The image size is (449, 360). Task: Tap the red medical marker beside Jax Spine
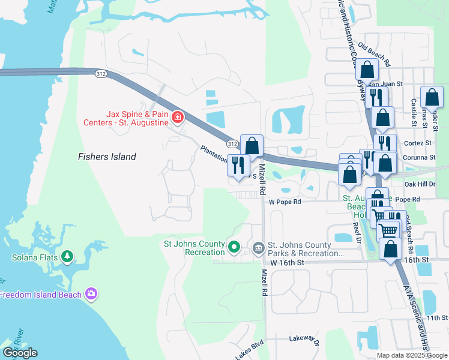(x=177, y=116)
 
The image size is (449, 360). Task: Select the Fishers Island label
(x=107, y=157)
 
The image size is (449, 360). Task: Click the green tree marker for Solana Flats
(x=67, y=257)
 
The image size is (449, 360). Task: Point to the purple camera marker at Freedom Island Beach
(x=91, y=294)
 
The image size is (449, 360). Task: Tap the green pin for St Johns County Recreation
(x=235, y=246)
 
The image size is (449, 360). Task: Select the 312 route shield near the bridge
(x=101, y=73)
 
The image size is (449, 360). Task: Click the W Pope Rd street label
(x=284, y=202)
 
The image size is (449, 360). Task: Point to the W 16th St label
(x=288, y=263)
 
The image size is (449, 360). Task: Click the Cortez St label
(x=420, y=143)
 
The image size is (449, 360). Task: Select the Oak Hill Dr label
(x=418, y=184)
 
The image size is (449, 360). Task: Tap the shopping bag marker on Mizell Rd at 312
(x=252, y=145)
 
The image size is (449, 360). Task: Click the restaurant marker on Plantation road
(x=238, y=164)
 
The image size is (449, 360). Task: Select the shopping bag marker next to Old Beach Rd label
(x=367, y=69)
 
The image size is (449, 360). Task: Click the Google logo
(x=20, y=353)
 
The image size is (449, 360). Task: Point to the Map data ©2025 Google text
(x=412, y=355)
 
